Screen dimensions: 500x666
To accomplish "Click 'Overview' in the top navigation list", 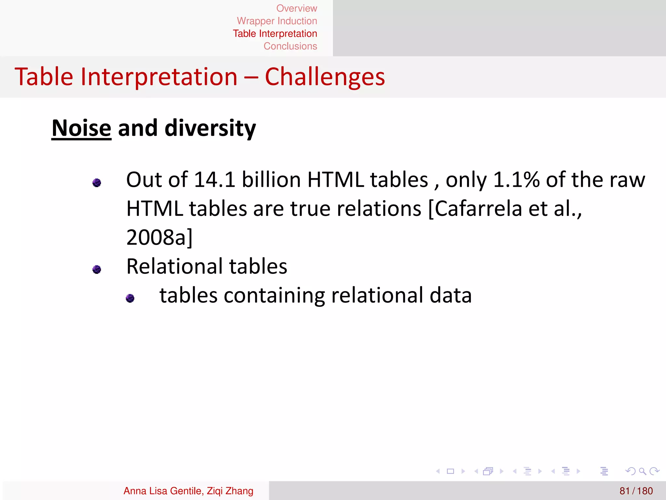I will [x=297, y=8].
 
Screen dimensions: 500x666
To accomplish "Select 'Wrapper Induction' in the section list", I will [x=277, y=21].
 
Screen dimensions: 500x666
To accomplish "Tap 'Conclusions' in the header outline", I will [x=290, y=46].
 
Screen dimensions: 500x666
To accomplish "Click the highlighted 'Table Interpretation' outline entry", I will [x=275, y=34].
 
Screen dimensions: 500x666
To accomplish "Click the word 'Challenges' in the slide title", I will [x=325, y=77].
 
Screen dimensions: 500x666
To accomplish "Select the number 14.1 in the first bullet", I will [x=214, y=180].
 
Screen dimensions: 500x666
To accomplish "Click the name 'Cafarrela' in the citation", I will [x=478, y=209].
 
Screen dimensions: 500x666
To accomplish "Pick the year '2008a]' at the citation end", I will [x=159, y=237].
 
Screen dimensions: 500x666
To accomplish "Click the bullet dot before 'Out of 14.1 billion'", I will [x=97, y=183].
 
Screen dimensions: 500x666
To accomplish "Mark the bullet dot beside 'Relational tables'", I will [x=97, y=270].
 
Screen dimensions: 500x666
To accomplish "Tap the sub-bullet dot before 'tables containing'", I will [x=130, y=298].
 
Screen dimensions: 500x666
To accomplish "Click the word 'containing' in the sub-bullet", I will [x=274, y=296].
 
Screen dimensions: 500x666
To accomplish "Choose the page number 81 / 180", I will [x=636, y=491].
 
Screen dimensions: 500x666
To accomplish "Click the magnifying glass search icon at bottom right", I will [x=642, y=471].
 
